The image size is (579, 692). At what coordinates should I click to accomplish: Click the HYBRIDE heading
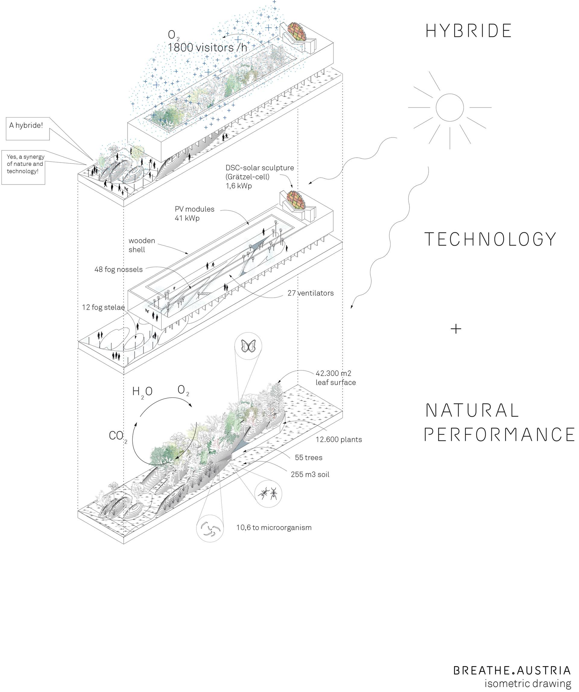(x=468, y=31)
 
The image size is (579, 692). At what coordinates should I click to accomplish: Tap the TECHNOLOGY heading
(x=490, y=239)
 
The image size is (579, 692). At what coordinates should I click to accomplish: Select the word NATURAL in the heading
(x=472, y=410)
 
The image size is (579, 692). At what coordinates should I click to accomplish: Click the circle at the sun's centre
(x=450, y=107)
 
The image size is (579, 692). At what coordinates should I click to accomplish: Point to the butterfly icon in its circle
(x=248, y=346)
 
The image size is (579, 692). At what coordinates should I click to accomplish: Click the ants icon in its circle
(x=269, y=494)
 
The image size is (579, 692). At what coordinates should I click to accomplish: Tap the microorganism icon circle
(x=210, y=528)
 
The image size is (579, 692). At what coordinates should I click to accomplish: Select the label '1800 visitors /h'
(x=207, y=48)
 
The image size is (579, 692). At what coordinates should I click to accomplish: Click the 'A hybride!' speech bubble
(x=28, y=128)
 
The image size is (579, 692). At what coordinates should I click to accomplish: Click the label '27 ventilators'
(x=310, y=293)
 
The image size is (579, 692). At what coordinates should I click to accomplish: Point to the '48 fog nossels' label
(x=119, y=270)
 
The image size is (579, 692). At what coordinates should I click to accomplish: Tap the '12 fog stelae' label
(x=103, y=308)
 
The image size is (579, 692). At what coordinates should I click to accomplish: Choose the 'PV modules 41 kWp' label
(x=195, y=213)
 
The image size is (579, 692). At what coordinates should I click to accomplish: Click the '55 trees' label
(x=308, y=457)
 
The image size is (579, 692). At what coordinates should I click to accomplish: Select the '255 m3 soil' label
(x=310, y=475)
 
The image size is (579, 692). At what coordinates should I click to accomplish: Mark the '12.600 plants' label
(x=339, y=440)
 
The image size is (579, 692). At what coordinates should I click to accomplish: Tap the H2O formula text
(x=142, y=392)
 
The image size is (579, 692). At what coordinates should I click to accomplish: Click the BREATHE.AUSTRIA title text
(x=512, y=670)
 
